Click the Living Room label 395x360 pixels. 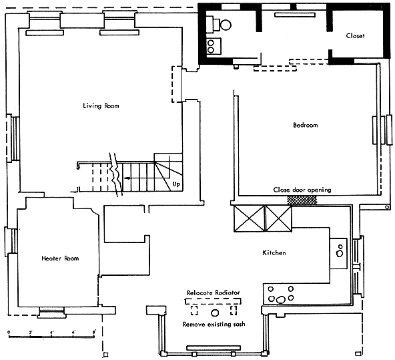[x=101, y=106]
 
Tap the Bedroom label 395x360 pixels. [x=306, y=125]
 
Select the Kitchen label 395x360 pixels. [x=274, y=252]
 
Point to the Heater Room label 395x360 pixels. [x=60, y=258]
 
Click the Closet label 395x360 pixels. [x=355, y=36]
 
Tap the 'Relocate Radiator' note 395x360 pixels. [x=213, y=293]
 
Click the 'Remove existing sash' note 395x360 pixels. [x=214, y=324]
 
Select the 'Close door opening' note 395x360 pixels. [x=302, y=190]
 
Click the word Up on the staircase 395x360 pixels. [x=176, y=184]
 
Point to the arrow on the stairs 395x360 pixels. [x=127, y=178]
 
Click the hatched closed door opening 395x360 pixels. [x=302, y=200]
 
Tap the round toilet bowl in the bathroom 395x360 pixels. [x=226, y=25]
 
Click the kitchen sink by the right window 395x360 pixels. [x=338, y=253]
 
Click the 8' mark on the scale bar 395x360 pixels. [x=94, y=332]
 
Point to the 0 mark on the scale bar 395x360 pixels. [x=9, y=332]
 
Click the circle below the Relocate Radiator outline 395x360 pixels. [x=215, y=313]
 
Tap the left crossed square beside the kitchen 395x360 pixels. [x=249, y=218]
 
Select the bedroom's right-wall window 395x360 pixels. [x=382, y=130]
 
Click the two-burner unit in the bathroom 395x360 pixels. [x=214, y=46]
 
